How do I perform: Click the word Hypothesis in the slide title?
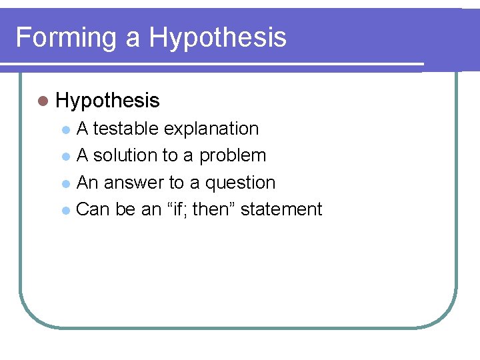(x=217, y=37)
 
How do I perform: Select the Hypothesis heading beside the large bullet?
(x=108, y=101)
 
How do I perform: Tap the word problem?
(x=233, y=155)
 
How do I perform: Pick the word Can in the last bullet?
(x=93, y=209)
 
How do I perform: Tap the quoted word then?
(x=212, y=209)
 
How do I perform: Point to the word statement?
(x=281, y=209)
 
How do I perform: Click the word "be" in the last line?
(x=125, y=209)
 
